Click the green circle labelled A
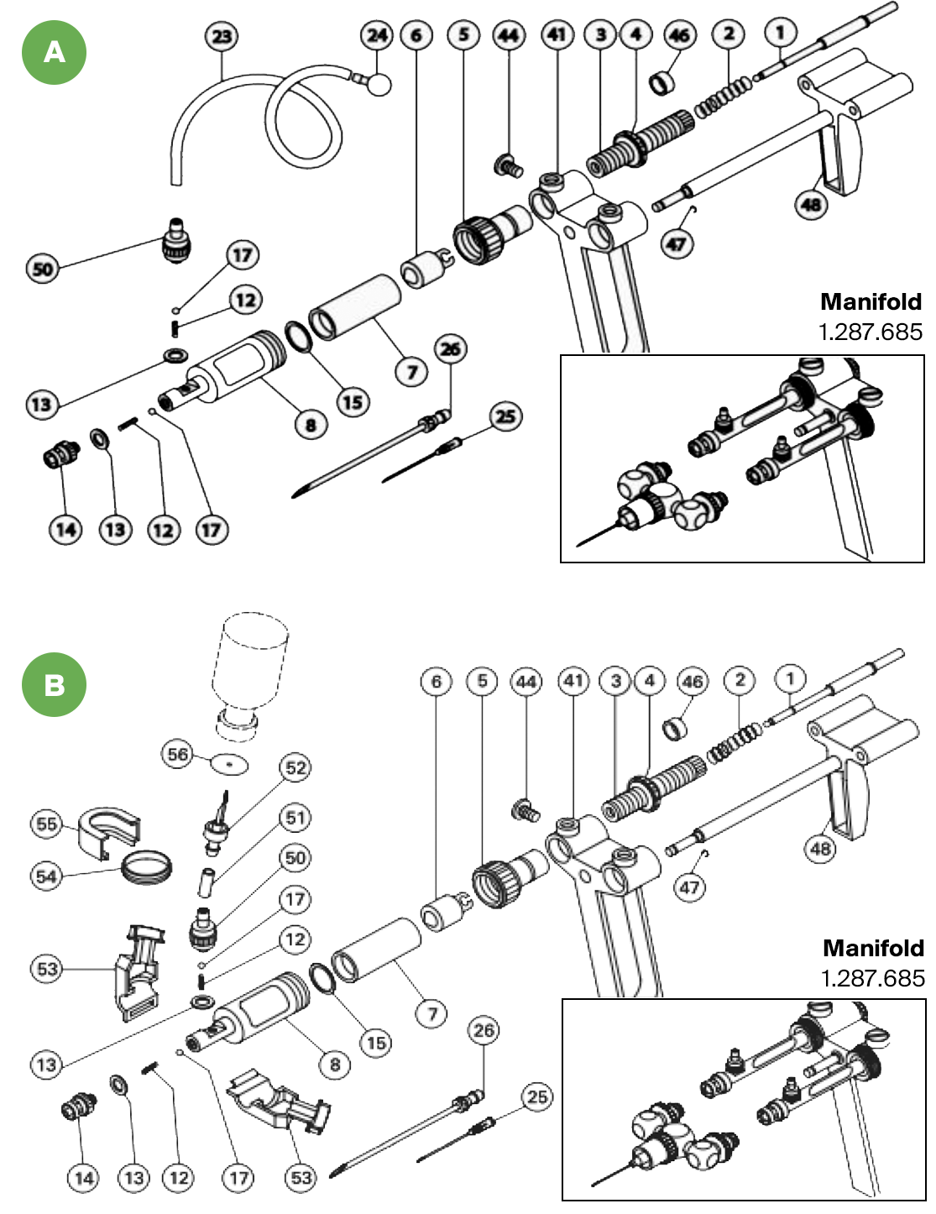[54, 53]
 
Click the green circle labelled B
[54, 684]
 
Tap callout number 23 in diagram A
[222, 36]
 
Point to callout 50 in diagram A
[43, 269]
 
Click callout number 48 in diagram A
[812, 204]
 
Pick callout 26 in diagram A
[451, 349]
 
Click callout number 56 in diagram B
[178, 754]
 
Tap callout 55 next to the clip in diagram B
[47, 824]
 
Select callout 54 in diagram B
[47, 876]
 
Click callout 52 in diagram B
[295, 767]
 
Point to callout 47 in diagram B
[689, 887]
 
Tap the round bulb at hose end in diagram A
[379, 83]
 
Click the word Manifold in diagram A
[871, 301]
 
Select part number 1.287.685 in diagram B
[872, 978]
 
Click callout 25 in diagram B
[537, 1096]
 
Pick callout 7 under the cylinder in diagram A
[411, 370]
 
